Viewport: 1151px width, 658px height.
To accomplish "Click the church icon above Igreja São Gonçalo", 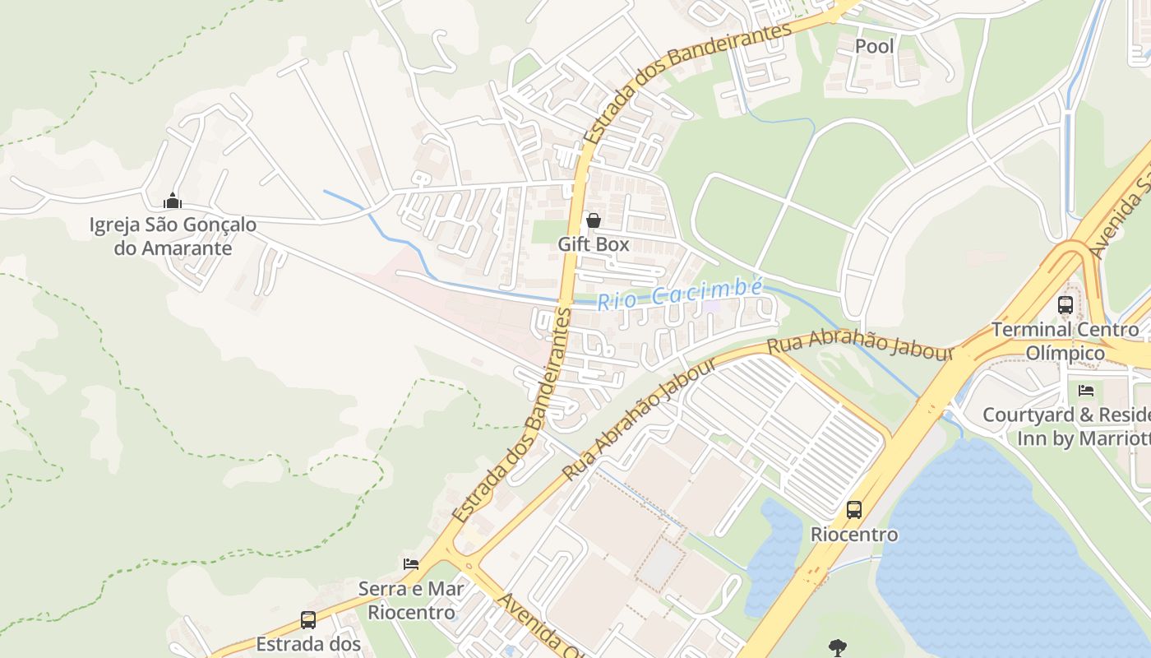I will click(x=173, y=201).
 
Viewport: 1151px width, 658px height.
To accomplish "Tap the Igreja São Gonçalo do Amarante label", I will click(x=173, y=236).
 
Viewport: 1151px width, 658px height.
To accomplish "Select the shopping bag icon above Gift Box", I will click(x=593, y=220).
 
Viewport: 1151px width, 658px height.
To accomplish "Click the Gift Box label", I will click(x=594, y=244).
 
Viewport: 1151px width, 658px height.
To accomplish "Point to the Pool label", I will click(x=874, y=46).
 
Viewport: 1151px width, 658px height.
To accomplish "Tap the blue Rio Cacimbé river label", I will click(x=680, y=294).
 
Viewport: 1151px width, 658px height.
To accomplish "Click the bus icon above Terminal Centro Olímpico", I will click(x=1065, y=305).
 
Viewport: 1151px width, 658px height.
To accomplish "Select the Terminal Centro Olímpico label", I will click(x=1065, y=341).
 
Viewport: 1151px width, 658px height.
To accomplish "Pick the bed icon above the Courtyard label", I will click(x=1086, y=391).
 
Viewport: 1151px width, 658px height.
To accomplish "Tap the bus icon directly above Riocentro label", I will click(x=854, y=510).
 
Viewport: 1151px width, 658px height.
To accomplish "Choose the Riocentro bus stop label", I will click(x=854, y=535).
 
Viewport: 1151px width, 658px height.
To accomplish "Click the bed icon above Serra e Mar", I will click(x=411, y=564).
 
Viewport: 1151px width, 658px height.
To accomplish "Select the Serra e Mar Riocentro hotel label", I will click(x=411, y=600).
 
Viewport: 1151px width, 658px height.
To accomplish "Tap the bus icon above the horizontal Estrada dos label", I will click(x=308, y=620).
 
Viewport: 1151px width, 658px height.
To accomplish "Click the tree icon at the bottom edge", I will click(x=838, y=646).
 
